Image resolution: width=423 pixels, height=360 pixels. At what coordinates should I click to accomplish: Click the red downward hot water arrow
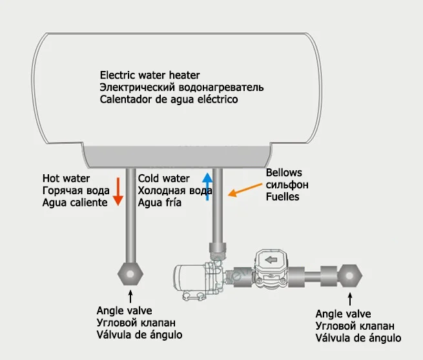118,190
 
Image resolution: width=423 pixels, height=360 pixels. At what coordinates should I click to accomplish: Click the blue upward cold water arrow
207,187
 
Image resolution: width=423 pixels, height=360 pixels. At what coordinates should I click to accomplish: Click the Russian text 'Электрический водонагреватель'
181,87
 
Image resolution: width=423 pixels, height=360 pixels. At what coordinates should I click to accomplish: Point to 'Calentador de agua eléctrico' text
169,100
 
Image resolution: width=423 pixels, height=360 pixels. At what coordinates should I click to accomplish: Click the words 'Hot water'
67,178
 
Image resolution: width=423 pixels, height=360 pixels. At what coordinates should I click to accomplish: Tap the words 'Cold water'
164,178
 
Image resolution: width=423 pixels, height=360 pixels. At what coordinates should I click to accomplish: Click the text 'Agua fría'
160,203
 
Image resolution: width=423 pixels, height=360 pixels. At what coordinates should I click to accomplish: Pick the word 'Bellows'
284,173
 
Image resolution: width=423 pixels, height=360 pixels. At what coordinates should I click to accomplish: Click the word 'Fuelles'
283,197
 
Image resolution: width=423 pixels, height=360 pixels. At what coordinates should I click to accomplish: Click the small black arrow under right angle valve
351,299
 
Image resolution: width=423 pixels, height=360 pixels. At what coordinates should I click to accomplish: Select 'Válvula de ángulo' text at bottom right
358,338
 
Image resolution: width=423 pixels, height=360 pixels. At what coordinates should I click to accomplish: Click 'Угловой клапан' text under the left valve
136,322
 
